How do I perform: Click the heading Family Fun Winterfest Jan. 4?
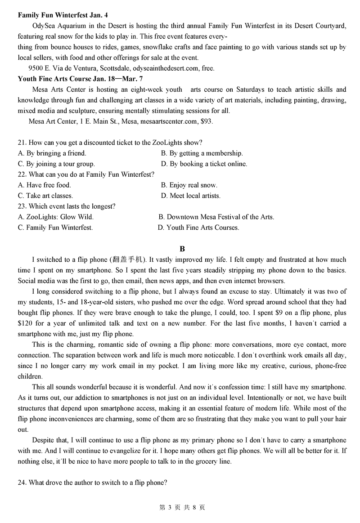point(63,15)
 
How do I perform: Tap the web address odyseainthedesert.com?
point(166,68)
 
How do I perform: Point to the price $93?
point(207,121)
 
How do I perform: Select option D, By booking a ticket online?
point(204,164)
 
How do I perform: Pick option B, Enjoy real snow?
point(189,185)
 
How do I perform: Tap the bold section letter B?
point(182,249)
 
